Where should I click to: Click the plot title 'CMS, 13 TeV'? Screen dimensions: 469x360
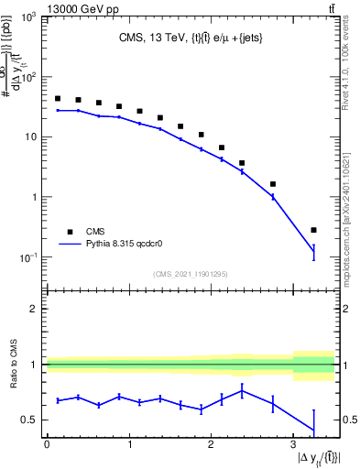(x=153, y=38)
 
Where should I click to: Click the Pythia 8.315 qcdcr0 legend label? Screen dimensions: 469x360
(x=129, y=245)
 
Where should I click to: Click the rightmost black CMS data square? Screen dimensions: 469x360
(x=313, y=230)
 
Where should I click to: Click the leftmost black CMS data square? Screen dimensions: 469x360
(x=57, y=98)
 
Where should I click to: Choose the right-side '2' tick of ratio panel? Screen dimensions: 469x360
(x=344, y=309)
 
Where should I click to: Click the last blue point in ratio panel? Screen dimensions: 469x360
(x=313, y=431)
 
